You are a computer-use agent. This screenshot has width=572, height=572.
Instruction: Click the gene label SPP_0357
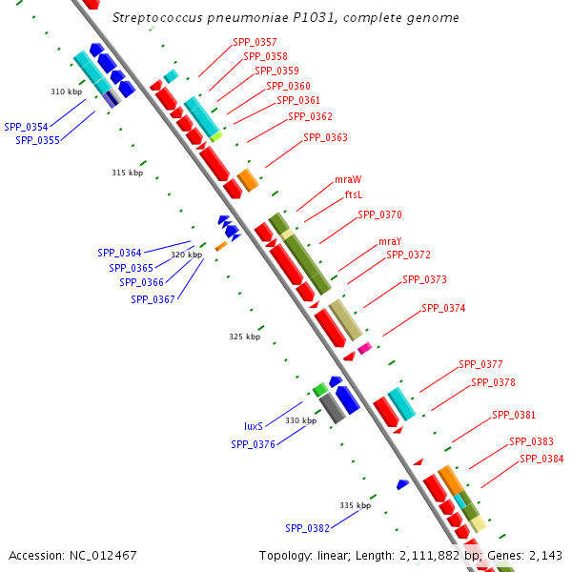[x=255, y=42]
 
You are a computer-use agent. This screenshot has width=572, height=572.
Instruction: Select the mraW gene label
[x=348, y=179]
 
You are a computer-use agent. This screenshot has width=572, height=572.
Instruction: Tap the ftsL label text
[x=353, y=194]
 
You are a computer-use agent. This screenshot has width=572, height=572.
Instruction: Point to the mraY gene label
[x=390, y=241]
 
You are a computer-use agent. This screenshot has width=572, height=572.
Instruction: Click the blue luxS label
[x=253, y=426]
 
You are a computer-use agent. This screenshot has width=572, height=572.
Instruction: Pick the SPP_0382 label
[x=307, y=528]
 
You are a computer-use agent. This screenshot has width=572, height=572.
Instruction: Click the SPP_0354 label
[x=26, y=127]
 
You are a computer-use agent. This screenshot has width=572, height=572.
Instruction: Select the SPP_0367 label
[x=153, y=299]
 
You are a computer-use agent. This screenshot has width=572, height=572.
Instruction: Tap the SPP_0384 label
[x=541, y=459]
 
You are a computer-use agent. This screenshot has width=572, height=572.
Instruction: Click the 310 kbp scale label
[x=66, y=92]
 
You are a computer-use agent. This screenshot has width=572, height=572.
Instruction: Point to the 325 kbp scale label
[x=244, y=337]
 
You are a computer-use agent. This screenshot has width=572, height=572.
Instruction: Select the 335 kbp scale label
[x=355, y=505]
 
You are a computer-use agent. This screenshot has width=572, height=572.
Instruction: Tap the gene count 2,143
[x=546, y=555]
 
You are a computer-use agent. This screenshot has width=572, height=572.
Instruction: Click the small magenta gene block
[x=364, y=348]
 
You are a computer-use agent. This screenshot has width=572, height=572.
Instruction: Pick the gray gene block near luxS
[x=332, y=408]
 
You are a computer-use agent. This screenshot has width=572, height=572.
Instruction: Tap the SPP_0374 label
[x=443, y=308]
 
